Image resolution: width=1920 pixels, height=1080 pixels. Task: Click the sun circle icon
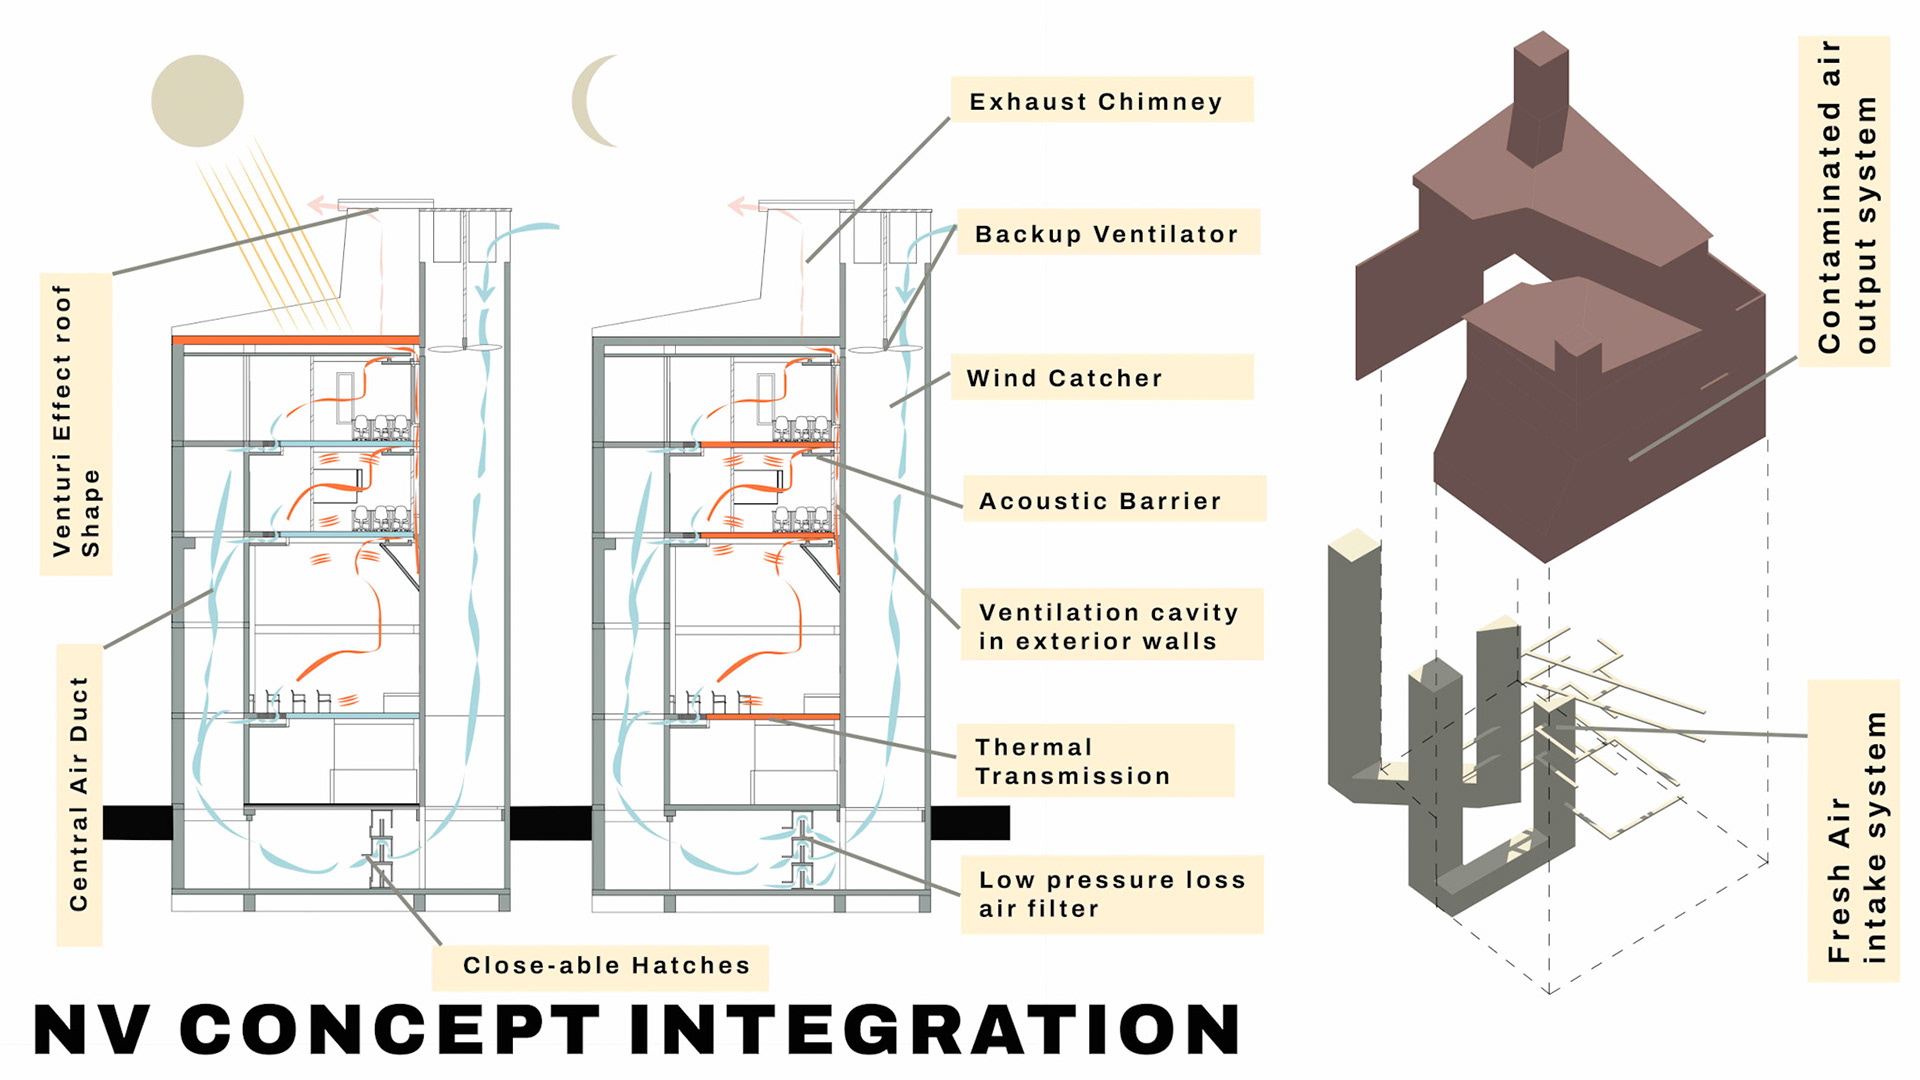[x=197, y=101]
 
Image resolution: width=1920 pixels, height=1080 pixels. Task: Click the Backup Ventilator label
[x=1107, y=233]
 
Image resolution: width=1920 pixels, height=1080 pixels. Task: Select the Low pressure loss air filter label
[x=1111, y=893]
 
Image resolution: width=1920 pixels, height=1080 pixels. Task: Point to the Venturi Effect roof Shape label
[x=76, y=423]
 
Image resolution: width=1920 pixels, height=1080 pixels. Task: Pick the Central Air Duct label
[x=79, y=795]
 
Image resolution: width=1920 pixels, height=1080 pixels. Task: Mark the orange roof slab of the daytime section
[x=295, y=340]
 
